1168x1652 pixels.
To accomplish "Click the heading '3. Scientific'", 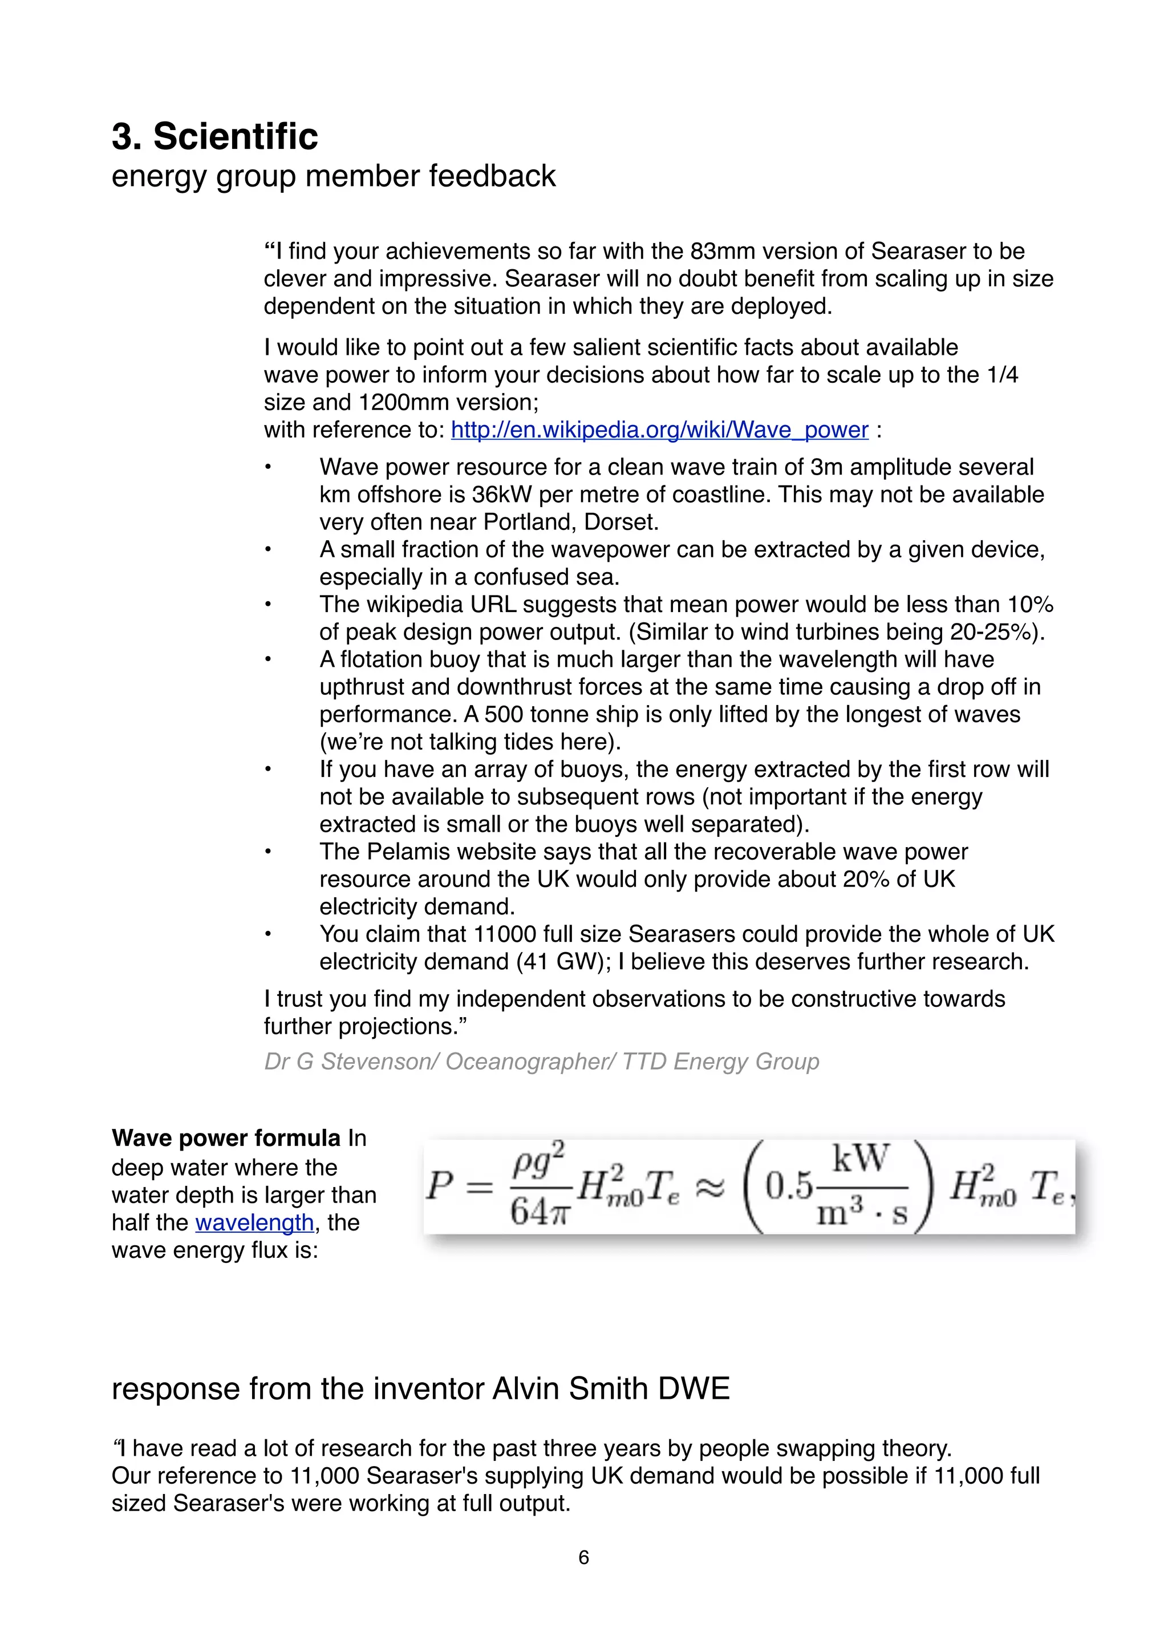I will (x=214, y=137).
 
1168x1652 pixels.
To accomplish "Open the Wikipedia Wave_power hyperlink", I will (x=659, y=430).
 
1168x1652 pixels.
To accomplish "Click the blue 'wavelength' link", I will (x=254, y=1222).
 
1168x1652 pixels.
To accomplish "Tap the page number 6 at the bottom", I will (x=583, y=1557).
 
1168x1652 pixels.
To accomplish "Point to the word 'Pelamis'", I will (x=407, y=851).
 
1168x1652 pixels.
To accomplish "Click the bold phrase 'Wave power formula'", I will (x=226, y=1137).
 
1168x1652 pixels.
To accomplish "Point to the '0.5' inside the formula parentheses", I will (x=788, y=1187).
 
